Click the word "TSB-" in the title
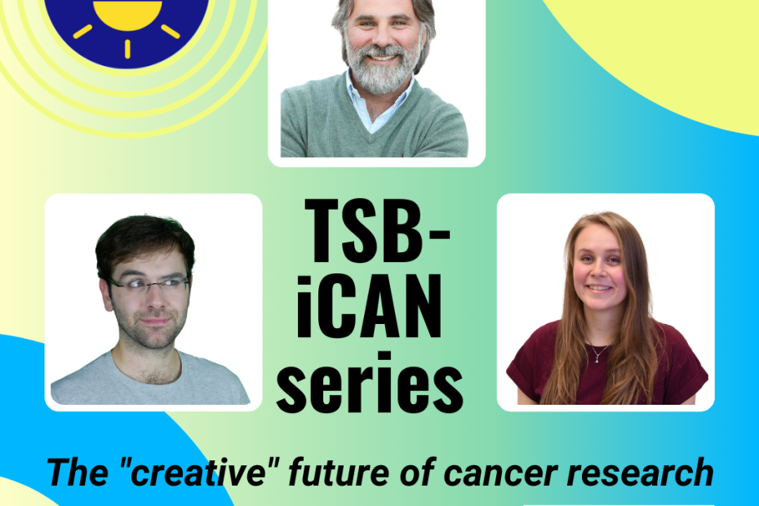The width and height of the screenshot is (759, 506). (377, 230)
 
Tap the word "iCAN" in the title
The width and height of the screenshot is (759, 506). (369, 306)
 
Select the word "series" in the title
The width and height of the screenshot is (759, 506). (370, 383)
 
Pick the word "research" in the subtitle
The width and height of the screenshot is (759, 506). (640, 472)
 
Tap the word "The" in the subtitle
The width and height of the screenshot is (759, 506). (78, 472)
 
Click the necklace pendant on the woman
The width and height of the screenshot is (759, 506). (597, 359)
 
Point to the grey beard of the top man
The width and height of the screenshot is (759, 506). (383, 70)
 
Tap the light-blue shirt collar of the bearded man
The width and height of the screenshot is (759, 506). (378, 104)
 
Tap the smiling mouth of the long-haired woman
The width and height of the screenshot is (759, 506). (599, 287)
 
